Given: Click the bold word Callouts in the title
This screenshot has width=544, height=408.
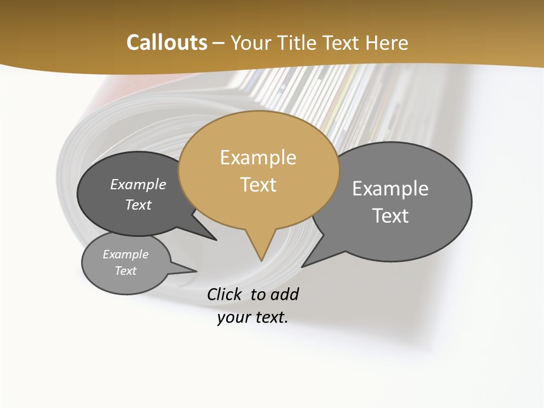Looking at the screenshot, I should tap(167, 42).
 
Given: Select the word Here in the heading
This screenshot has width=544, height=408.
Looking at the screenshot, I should tap(388, 42).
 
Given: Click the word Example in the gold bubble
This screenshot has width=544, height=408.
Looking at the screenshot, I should tap(258, 158).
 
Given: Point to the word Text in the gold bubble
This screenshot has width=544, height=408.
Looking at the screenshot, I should tap(258, 185).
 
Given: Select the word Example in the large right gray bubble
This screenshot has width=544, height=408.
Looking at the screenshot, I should tap(390, 189).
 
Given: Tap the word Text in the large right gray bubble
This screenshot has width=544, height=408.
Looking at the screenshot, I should tap(390, 216).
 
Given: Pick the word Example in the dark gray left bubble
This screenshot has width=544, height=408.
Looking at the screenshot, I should tap(138, 184).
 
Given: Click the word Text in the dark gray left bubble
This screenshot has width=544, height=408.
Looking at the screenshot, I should tap(138, 205).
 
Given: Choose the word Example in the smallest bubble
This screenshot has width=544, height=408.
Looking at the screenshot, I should tap(126, 254).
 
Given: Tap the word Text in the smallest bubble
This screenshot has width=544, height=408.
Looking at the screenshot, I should tap(126, 271).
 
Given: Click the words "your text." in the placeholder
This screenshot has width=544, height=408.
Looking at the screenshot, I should tap(253, 317).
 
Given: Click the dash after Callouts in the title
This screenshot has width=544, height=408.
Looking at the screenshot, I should tap(219, 42).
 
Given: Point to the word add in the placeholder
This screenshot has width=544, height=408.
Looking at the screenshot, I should tap(284, 294).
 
